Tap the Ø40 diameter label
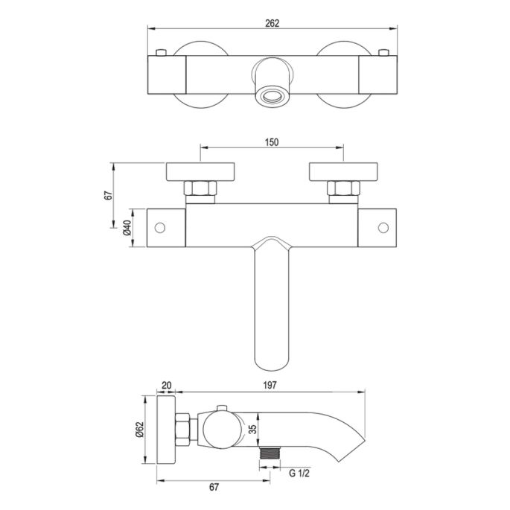[127, 228]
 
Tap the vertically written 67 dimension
[109, 195]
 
